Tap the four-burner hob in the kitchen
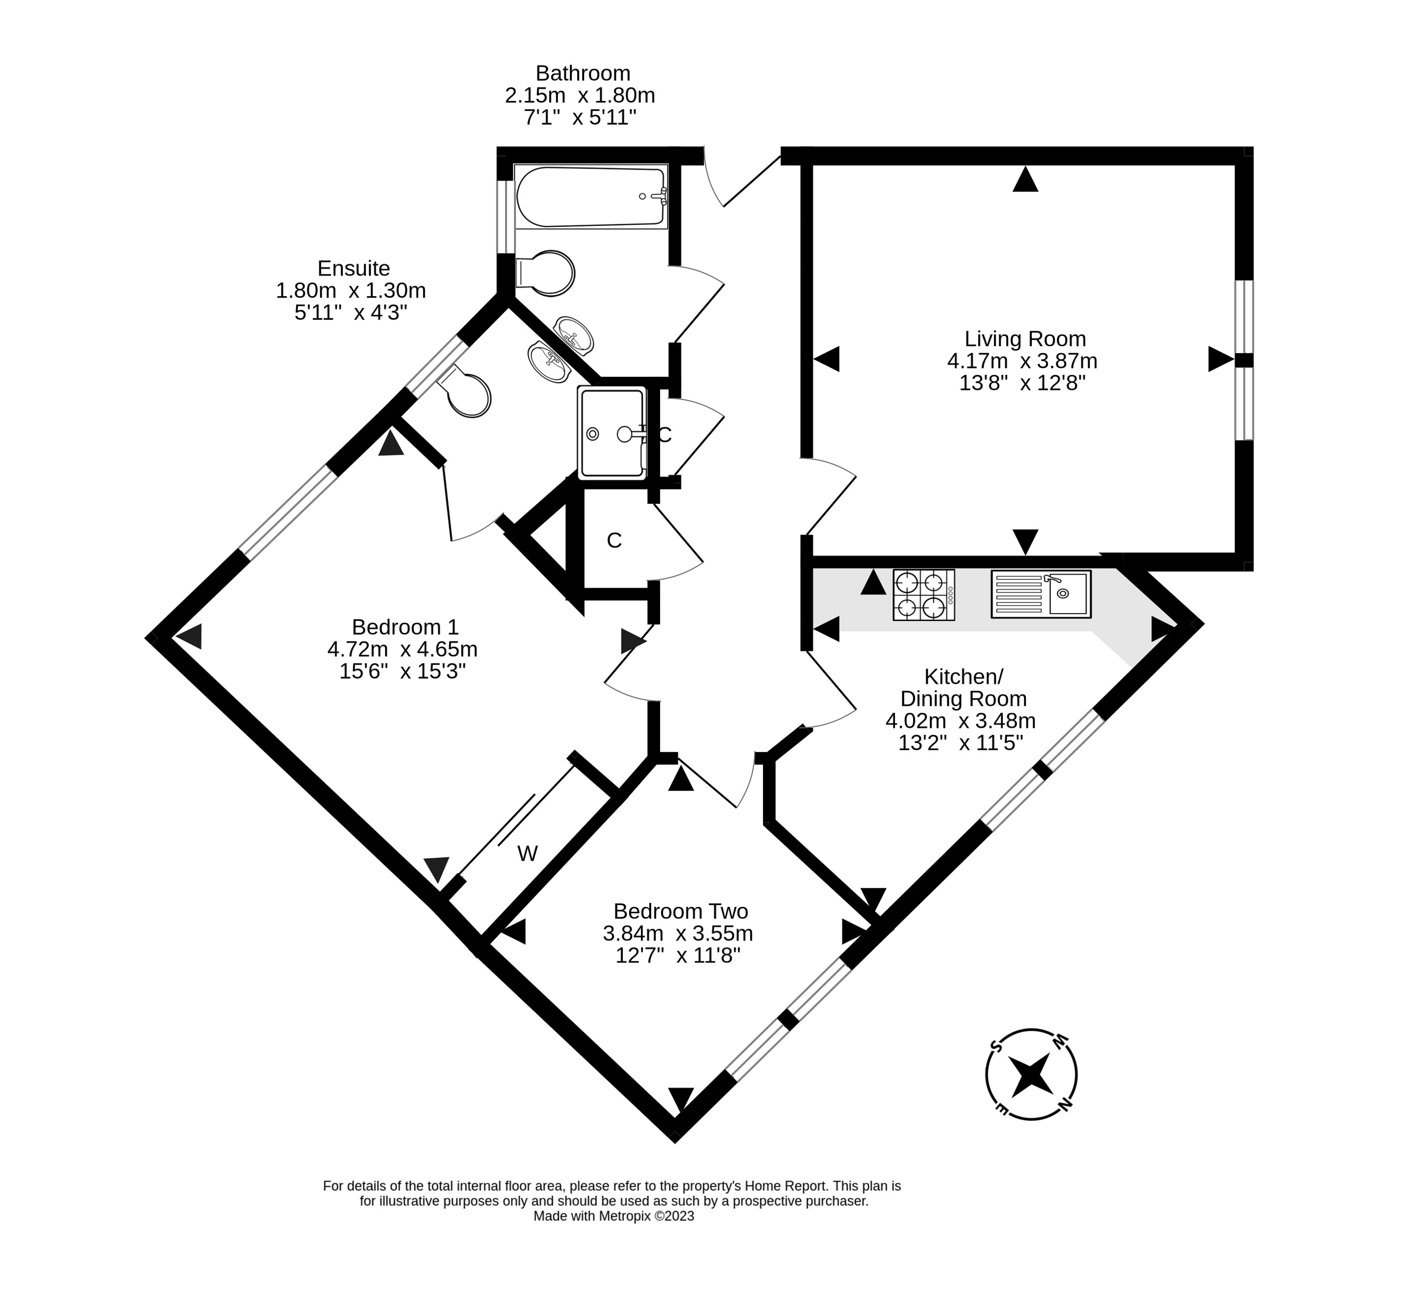coord(923,595)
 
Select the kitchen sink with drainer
coord(1041,594)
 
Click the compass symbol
coord(1031,1075)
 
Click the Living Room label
coord(1024,339)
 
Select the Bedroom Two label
coord(680,911)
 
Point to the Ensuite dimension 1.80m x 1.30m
coord(351,290)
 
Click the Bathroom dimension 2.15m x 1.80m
coord(580,95)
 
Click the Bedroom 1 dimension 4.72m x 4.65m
coord(403,649)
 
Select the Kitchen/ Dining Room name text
coord(963,687)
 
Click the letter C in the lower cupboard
coord(613,541)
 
